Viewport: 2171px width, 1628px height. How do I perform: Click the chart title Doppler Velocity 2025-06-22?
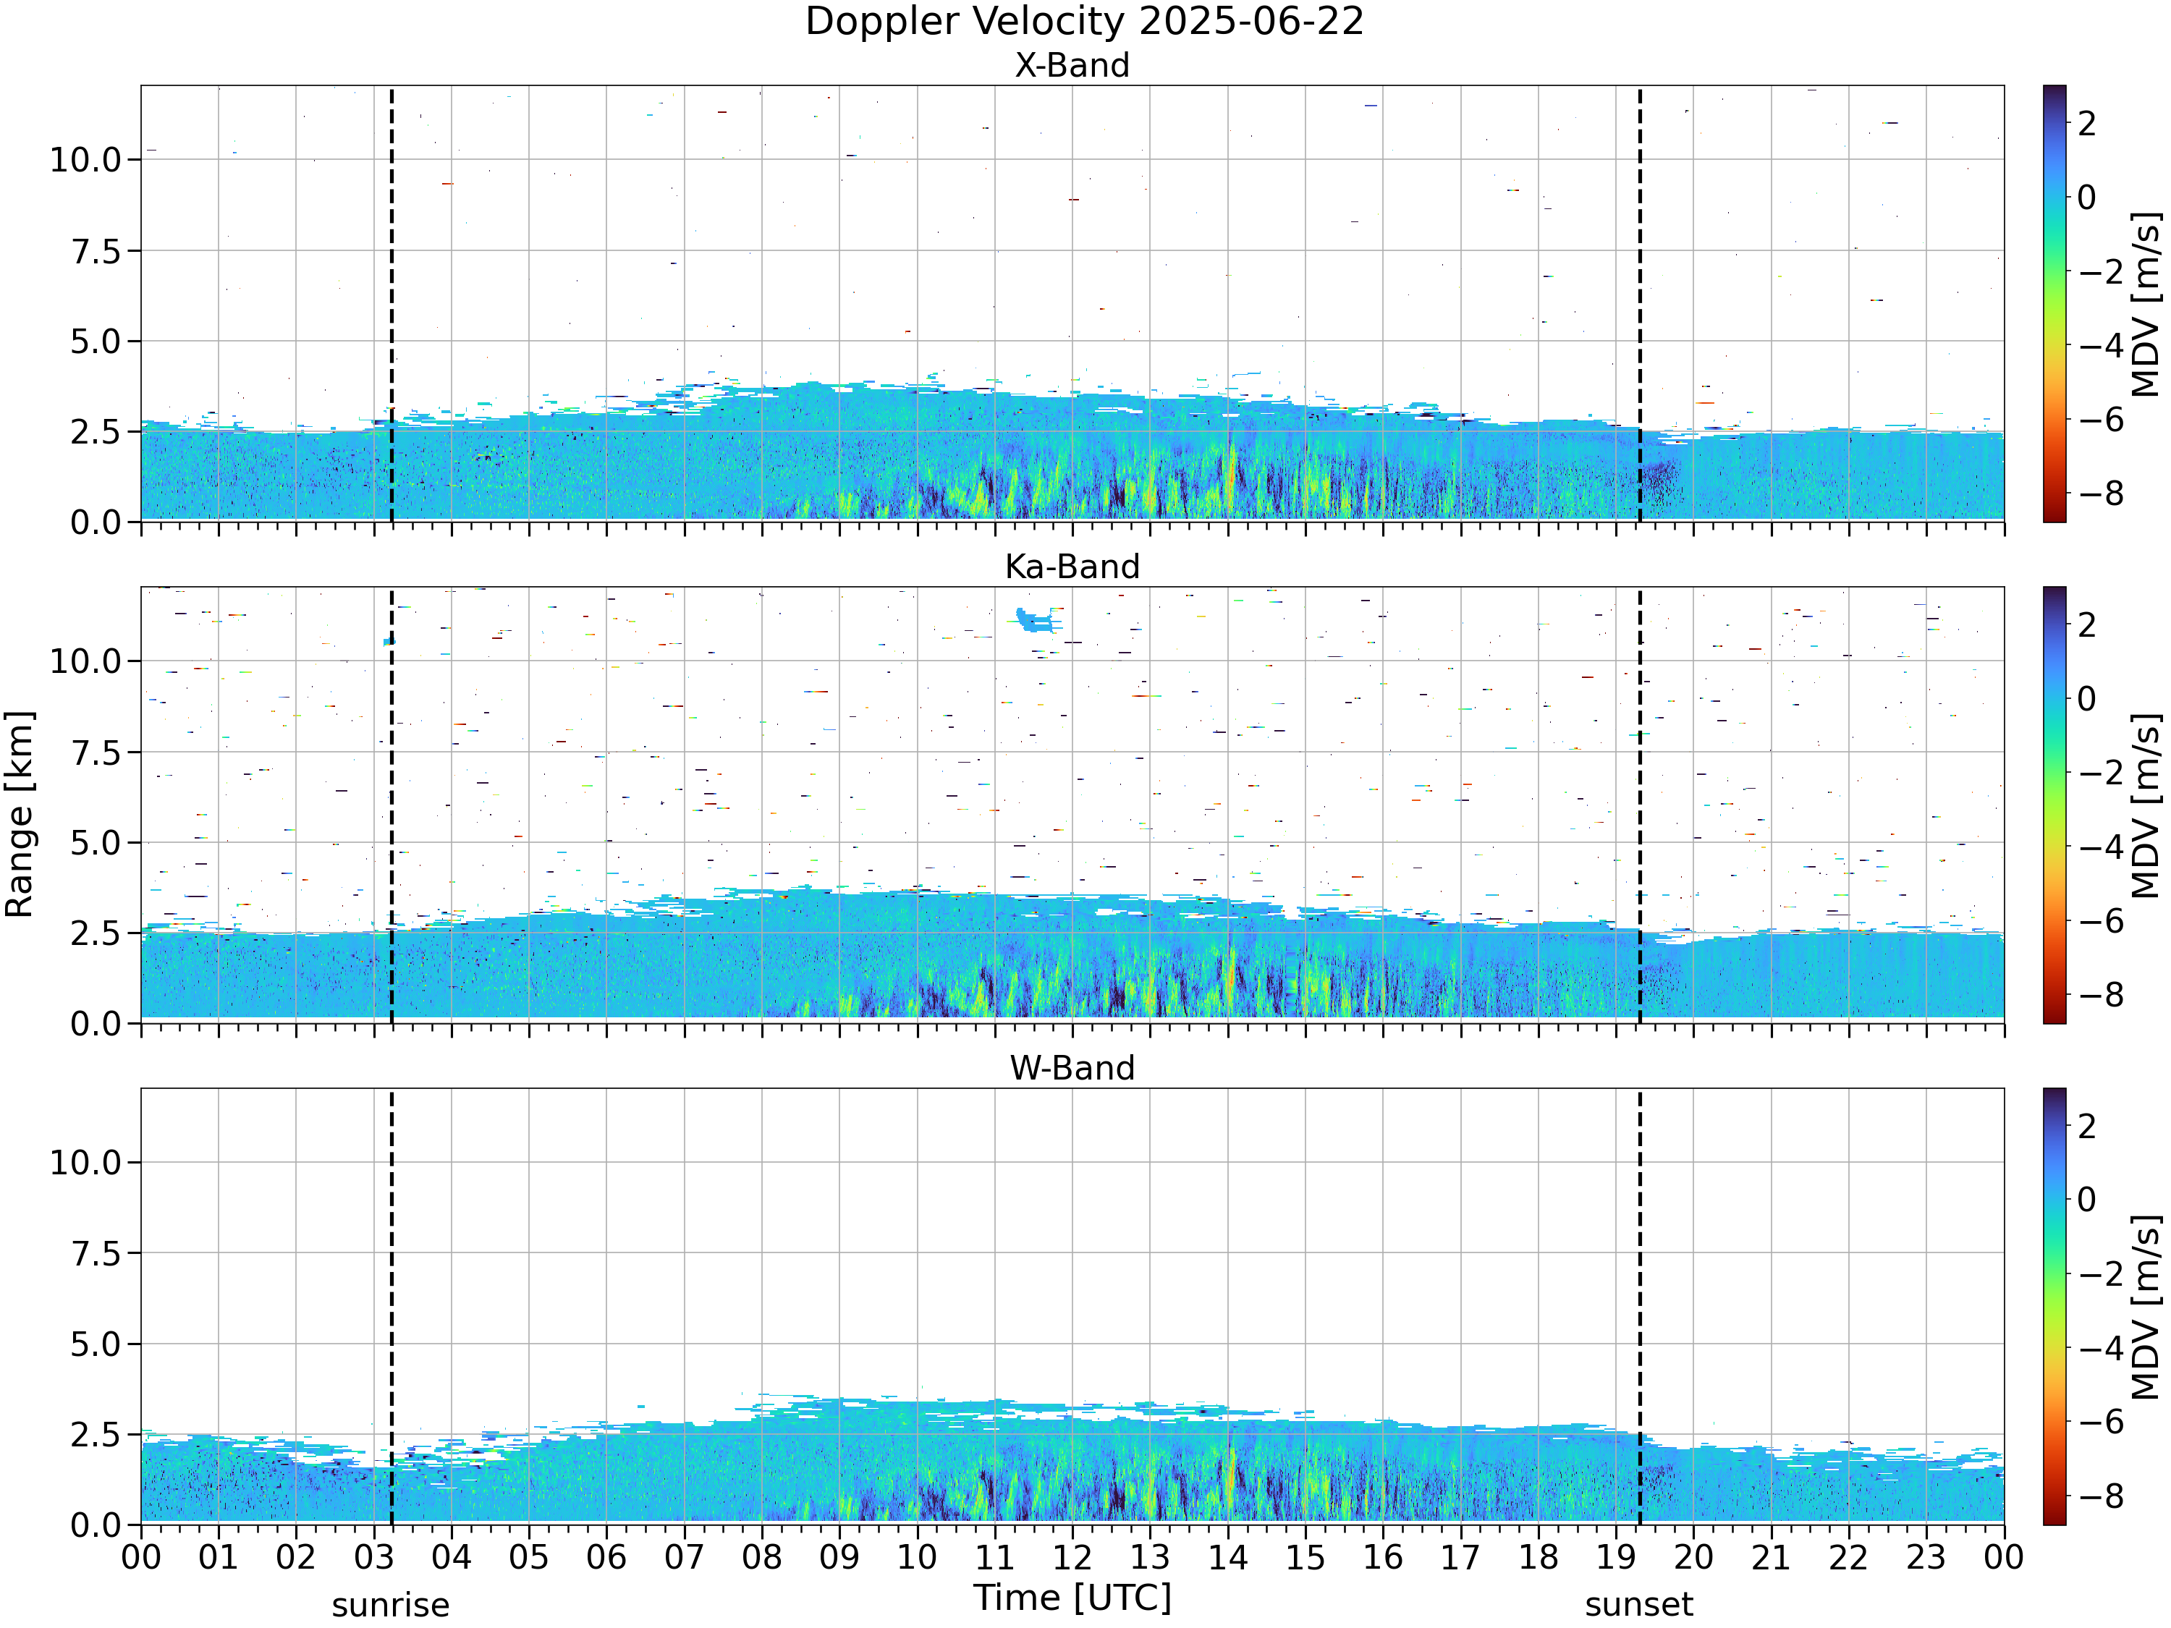(1085, 22)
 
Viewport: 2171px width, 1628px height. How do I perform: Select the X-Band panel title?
(1072, 65)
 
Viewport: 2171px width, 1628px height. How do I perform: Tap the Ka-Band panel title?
(1072, 567)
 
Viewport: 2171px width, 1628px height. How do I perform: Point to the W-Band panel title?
(1072, 1068)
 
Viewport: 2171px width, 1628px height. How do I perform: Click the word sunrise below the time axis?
(391, 1606)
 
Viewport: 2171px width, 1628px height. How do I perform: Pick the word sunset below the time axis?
(1639, 1606)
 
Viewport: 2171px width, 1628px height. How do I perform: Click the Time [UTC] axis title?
(1072, 1598)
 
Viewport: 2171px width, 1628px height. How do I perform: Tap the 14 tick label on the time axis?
(1228, 1557)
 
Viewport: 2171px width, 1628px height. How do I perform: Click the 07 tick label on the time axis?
(684, 1557)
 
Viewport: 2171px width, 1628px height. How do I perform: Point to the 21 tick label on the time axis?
(1772, 1557)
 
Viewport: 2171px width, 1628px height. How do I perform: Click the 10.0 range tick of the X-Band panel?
(85, 159)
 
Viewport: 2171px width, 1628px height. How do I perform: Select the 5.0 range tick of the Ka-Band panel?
(96, 843)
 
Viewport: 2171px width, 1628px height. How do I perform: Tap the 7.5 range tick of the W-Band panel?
(96, 1253)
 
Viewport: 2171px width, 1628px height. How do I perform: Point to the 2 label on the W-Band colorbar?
(2088, 1126)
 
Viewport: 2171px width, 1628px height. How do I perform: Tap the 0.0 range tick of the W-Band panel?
(96, 1525)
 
